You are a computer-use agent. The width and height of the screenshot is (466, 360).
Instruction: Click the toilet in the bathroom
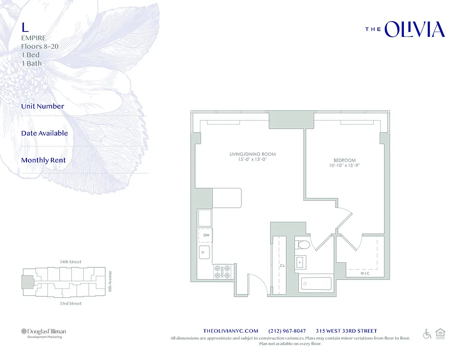coord(302,245)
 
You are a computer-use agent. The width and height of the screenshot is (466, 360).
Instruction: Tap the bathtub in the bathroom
coord(316,284)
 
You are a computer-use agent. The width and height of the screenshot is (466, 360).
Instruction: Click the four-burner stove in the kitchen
coord(222,271)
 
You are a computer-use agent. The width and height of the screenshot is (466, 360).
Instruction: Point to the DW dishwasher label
coord(206,235)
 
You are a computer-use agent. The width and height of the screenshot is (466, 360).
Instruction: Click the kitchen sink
coord(205,252)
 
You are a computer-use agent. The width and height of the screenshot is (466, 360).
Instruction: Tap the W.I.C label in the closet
coord(365,273)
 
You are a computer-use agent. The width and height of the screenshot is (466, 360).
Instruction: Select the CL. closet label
coord(282,266)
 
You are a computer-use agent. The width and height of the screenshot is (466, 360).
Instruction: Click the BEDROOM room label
coord(344,160)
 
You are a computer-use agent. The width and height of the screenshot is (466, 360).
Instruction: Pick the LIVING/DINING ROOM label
coord(252,154)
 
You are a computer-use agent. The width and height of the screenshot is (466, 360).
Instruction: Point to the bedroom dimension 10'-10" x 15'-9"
coord(344,166)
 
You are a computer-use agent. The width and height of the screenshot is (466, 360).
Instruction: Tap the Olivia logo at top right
coord(405,29)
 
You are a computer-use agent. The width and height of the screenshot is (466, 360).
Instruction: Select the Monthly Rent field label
coord(43,160)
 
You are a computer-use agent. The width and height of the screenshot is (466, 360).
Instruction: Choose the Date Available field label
coord(45,133)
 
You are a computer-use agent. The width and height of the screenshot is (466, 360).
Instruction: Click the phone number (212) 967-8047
coord(287,331)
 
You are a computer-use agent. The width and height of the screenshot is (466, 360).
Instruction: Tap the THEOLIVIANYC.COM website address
coord(231,331)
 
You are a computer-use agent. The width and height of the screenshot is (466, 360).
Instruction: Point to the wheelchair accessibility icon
coord(427,334)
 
